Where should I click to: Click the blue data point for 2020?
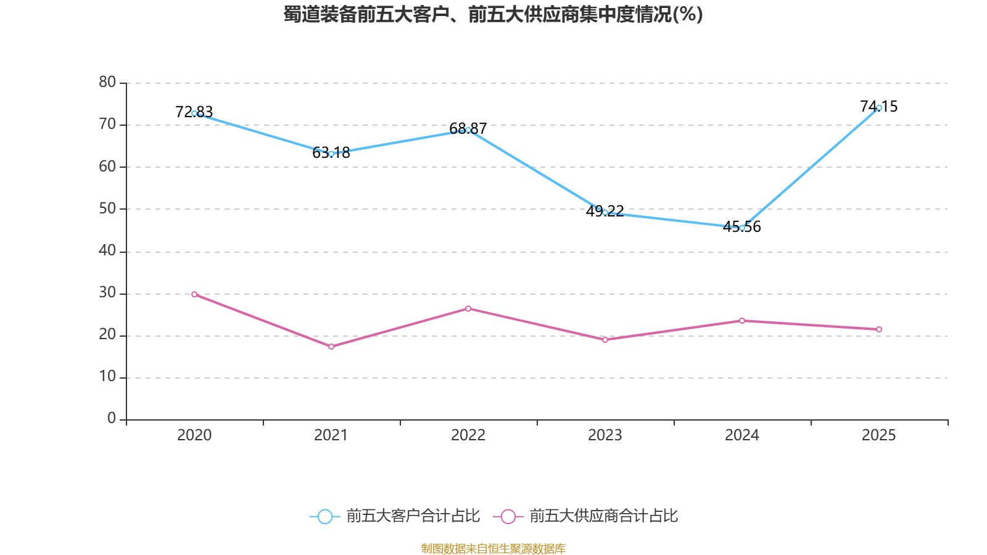[194, 113]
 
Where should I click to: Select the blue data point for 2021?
[331, 154]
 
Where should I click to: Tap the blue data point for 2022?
[468, 130]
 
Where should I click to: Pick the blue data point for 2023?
[605, 212]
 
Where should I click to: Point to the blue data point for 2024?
[742, 228]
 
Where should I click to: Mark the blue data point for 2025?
[879, 108]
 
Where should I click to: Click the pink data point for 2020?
[194, 294]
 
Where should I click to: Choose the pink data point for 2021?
[331, 347]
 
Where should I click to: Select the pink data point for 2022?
[468, 308]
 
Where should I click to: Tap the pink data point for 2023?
[605, 340]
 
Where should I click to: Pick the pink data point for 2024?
[742, 321]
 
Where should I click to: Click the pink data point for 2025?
[879, 329]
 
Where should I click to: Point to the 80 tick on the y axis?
[107, 82]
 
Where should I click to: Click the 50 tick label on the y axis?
[107, 208]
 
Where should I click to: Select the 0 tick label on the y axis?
[112, 419]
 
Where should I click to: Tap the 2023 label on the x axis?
[605, 435]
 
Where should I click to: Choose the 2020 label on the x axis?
[194, 435]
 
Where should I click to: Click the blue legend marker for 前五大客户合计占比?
[324, 516]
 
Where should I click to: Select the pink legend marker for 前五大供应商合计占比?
[508, 516]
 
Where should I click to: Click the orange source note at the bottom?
[493, 548]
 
